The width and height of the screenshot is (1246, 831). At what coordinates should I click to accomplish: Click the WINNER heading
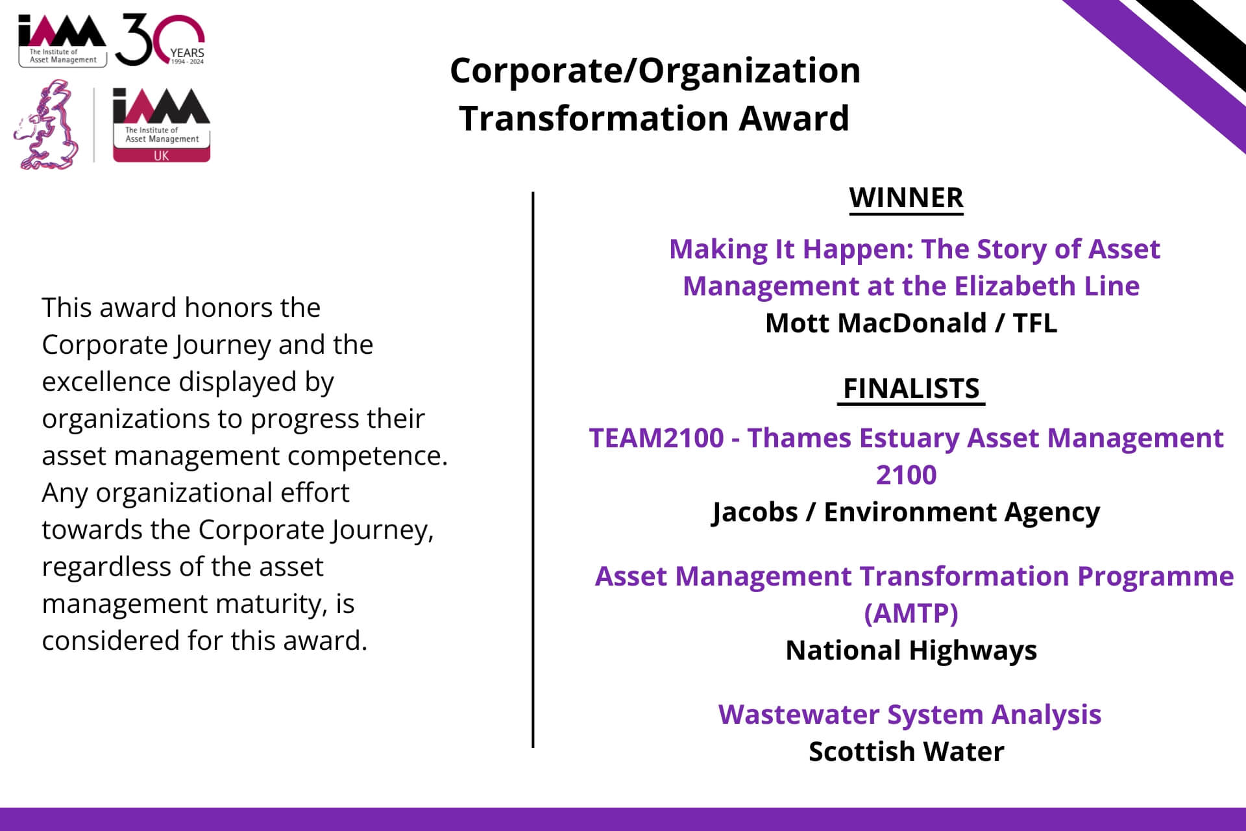click(x=906, y=198)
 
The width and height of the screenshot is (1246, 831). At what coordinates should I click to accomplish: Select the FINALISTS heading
click(x=911, y=388)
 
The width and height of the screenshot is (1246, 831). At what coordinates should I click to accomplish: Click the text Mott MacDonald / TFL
click(x=911, y=323)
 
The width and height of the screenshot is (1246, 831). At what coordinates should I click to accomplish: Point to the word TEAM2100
click(x=656, y=438)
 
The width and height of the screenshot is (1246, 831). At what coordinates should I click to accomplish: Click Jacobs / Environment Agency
click(x=906, y=512)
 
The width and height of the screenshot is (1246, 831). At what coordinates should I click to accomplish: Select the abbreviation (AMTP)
click(x=911, y=613)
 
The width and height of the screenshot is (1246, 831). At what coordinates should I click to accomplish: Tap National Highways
click(x=911, y=651)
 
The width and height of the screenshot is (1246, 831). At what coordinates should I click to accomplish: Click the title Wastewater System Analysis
click(x=910, y=714)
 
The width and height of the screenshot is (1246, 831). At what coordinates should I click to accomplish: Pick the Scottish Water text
click(x=906, y=751)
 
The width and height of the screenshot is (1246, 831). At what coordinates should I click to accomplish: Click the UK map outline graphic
click(x=47, y=125)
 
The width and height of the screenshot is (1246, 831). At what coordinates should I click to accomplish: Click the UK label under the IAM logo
click(x=161, y=155)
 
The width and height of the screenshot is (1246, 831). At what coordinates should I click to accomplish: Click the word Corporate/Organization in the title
click(x=655, y=70)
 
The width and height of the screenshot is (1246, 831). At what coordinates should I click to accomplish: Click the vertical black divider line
click(x=533, y=469)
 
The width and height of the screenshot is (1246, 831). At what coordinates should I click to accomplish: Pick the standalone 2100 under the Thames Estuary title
click(x=906, y=475)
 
